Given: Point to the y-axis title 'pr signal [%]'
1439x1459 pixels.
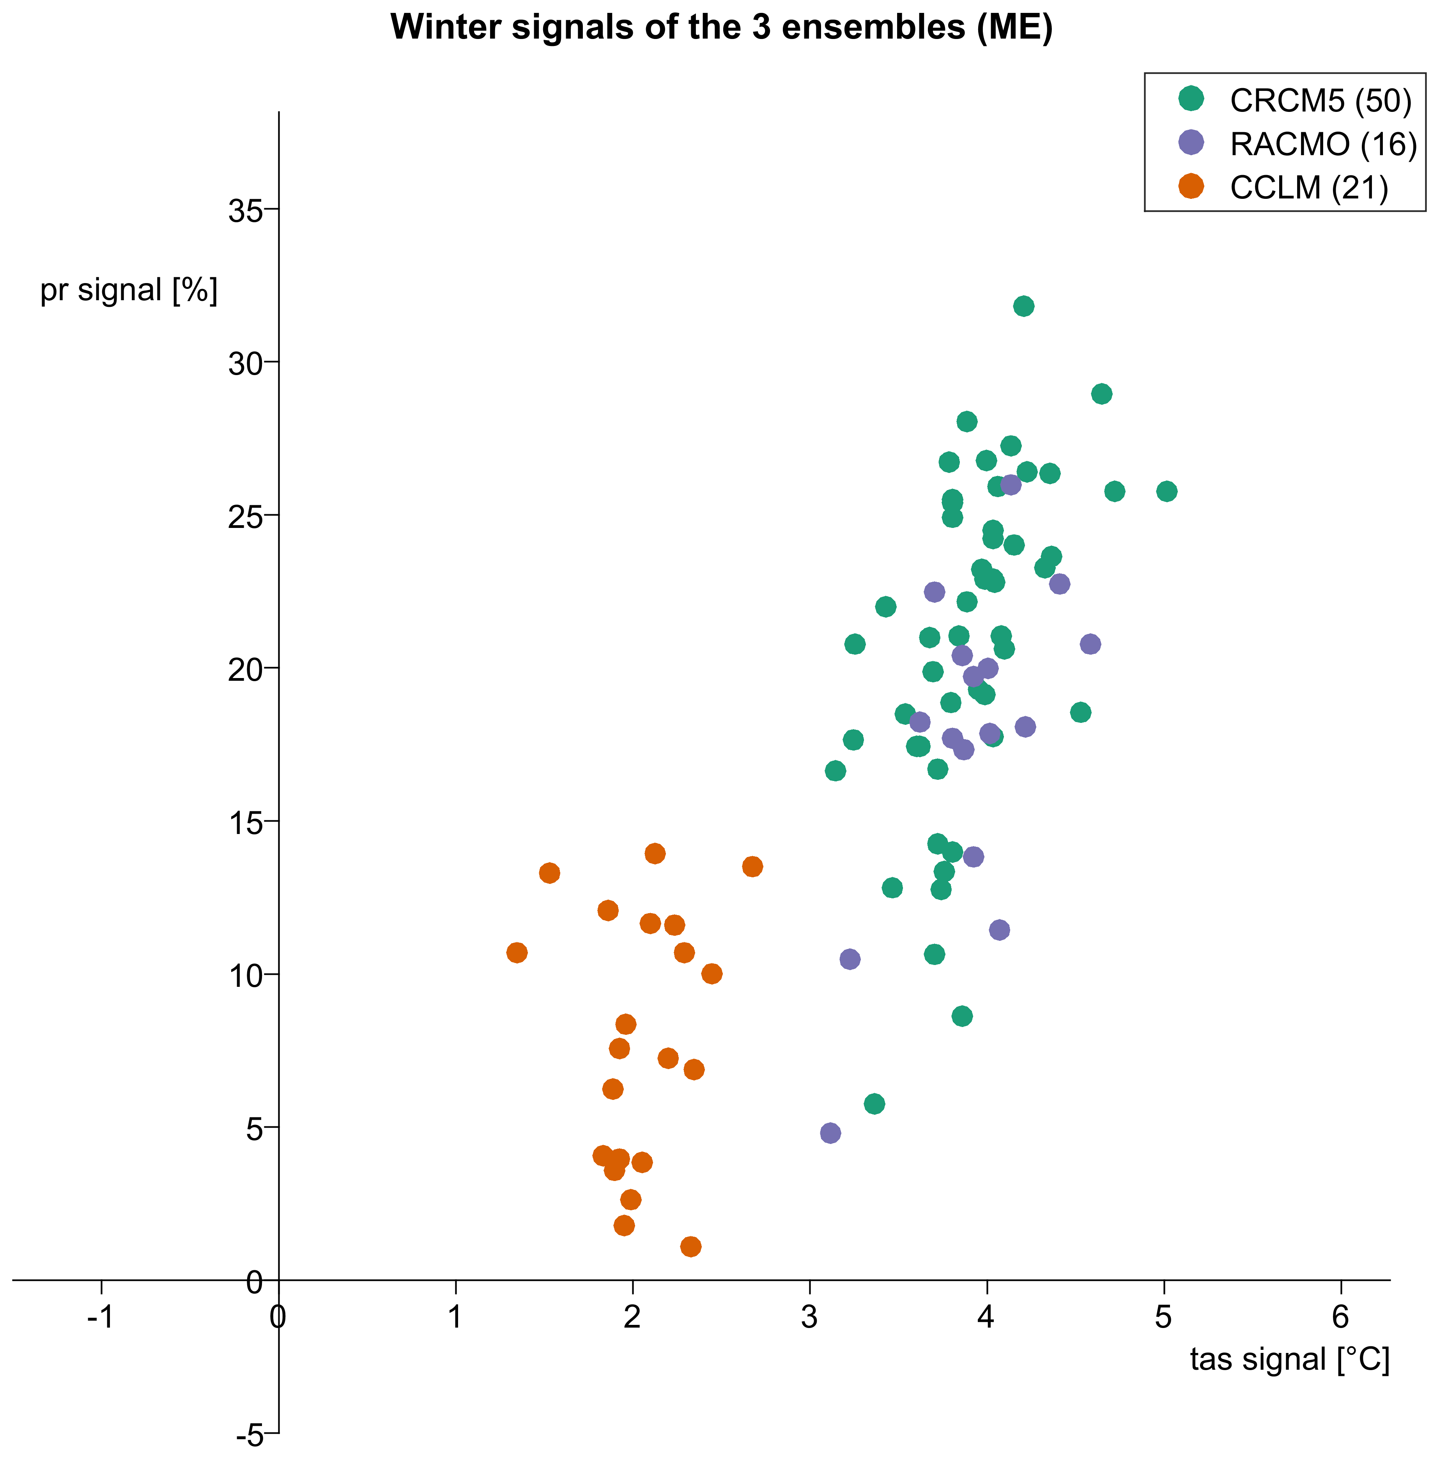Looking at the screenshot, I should click(128, 290).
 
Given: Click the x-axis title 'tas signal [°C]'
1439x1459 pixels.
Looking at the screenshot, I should click(1289, 1359).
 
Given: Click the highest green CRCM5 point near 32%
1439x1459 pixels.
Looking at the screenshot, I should click(1023, 306).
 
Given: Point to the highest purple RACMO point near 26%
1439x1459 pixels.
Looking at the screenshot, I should click(1010, 485).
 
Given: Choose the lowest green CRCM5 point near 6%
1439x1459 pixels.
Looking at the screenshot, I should click(874, 1104).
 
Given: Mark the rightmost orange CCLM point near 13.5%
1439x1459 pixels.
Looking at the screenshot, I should click(752, 866).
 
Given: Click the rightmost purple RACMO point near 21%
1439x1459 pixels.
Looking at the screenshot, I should click(1089, 644).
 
